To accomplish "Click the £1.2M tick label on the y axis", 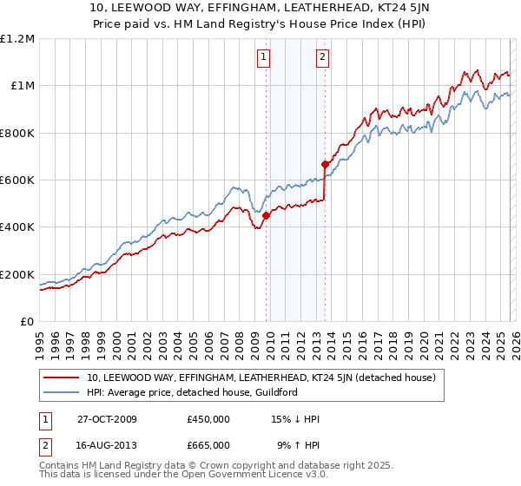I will pos(17,38).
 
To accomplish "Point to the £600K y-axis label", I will pos(17,180).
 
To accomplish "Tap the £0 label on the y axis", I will pos(26,321).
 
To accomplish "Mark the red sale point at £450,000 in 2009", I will pos(267,216).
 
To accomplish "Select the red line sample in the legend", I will pos(62,378).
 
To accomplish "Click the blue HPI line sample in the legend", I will pos(62,392).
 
